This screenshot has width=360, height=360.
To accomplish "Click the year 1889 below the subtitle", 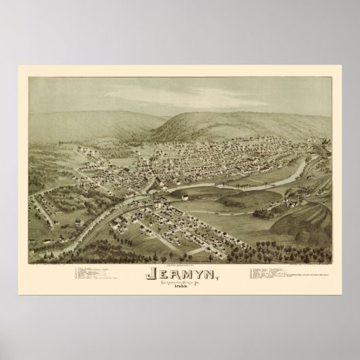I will click(181, 275).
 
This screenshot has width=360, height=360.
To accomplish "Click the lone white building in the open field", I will click(185, 198).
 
